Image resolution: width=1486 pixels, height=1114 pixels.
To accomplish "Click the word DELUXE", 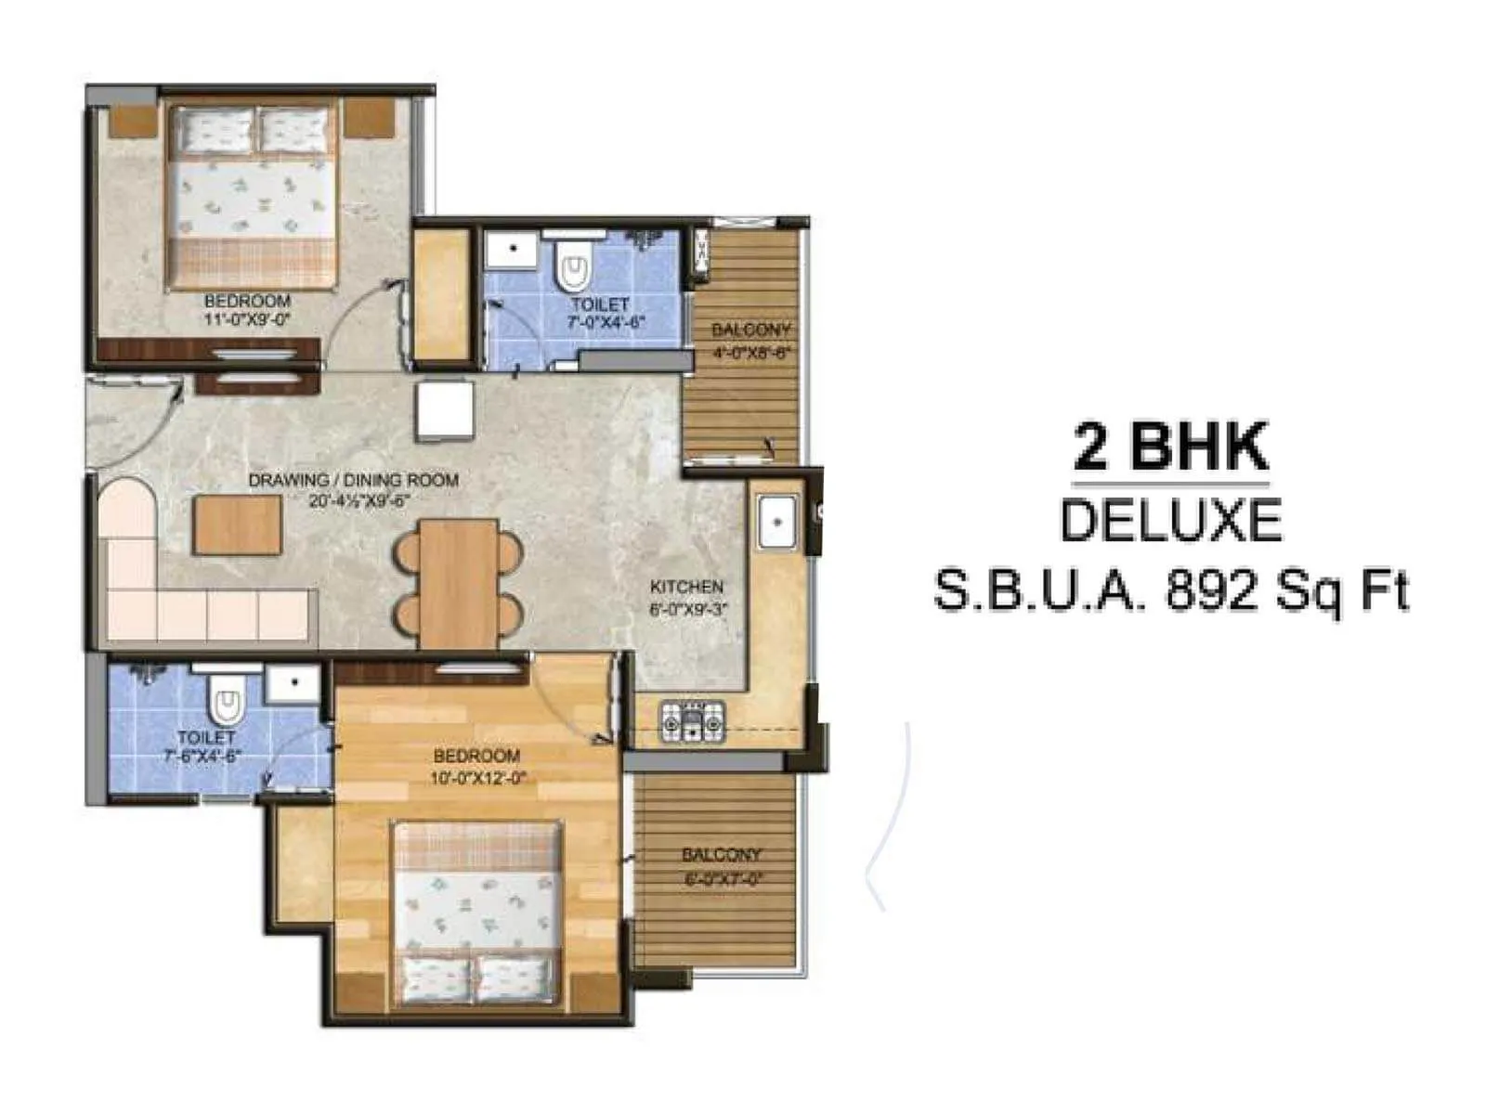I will [1170, 521].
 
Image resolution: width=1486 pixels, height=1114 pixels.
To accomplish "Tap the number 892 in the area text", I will [1208, 590].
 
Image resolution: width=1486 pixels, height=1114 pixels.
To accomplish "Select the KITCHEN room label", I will [686, 587].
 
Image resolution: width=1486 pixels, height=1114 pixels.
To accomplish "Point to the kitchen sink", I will [776, 522].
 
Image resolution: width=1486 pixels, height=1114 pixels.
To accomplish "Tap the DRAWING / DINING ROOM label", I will [353, 480].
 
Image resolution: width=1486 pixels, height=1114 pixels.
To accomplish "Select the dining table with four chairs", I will [458, 583].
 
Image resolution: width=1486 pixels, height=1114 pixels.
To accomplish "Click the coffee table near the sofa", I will [238, 525].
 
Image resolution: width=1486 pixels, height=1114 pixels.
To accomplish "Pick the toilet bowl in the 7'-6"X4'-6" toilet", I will [225, 704].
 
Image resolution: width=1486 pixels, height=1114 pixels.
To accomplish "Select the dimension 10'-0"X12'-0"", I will [476, 778].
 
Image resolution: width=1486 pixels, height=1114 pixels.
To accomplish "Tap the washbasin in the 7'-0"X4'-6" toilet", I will [508, 249].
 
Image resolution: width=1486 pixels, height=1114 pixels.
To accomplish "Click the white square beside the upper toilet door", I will [445, 411].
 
